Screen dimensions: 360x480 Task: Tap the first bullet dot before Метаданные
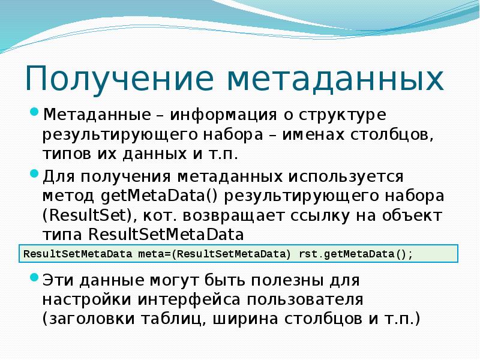pyautogui.click(x=34, y=113)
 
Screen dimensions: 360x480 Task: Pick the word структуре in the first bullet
pyautogui.click(x=343, y=115)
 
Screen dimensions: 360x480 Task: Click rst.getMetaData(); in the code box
pyautogui.click(x=355, y=253)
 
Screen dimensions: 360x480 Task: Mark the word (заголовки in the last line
pyautogui.click(x=88, y=319)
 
